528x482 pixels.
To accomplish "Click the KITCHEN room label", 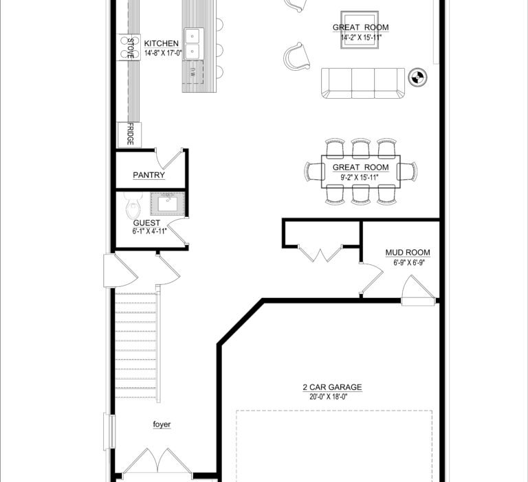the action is tap(162, 43).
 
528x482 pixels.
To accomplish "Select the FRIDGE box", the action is tap(129, 135).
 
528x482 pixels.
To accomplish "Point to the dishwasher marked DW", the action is tap(193, 71).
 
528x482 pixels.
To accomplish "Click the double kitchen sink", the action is tap(194, 43).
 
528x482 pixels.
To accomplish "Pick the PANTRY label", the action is tap(148, 175).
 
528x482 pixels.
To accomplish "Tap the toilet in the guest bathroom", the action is tap(133, 205).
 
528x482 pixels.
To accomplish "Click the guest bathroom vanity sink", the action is tap(168, 204).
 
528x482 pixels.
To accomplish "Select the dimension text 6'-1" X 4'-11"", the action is tap(149, 231).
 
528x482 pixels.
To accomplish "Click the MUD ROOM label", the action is tap(408, 253).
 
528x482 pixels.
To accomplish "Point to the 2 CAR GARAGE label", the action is tap(332, 387).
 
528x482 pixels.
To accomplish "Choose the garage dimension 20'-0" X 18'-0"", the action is tap(329, 397).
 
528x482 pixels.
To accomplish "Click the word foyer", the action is tap(162, 424).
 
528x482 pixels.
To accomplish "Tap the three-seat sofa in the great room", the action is tap(363, 83).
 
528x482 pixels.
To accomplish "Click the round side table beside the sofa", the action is tap(417, 77).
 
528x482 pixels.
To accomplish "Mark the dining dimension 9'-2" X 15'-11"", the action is tap(360, 177).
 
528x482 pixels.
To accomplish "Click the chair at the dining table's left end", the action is tap(313, 171).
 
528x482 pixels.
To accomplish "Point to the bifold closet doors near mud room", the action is tap(320, 253).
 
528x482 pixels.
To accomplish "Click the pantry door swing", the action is tap(169, 159).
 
